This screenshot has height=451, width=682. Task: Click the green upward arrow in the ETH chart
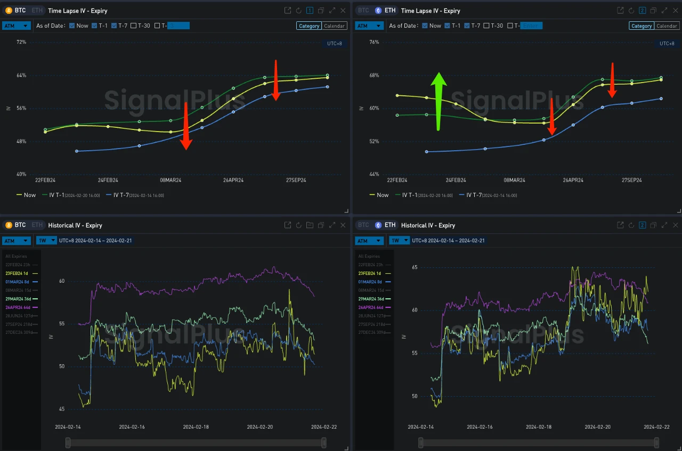click(x=439, y=101)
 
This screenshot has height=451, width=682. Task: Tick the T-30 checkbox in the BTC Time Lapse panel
click(x=134, y=26)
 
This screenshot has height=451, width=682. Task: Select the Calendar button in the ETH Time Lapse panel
click(x=667, y=26)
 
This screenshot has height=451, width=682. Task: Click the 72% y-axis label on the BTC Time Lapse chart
click(x=21, y=42)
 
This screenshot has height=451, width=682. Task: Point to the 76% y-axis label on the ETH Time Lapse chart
click(x=374, y=42)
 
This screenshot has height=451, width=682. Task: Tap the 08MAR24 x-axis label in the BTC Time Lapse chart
click(x=170, y=180)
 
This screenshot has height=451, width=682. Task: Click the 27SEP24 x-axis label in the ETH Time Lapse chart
click(x=632, y=180)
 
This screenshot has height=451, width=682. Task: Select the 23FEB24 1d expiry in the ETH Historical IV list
click(x=370, y=273)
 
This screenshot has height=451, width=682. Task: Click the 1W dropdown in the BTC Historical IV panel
click(x=46, y=241)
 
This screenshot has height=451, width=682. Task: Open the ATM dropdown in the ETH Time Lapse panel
click(x=370, y=26)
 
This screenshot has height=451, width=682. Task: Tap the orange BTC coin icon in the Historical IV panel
click(x=8, y=225)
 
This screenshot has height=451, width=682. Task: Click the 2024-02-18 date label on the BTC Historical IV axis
click(x=196, y=427)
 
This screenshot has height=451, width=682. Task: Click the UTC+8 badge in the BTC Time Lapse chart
click(x=334, y=43)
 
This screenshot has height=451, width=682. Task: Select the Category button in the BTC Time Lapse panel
click(x=309, y=26)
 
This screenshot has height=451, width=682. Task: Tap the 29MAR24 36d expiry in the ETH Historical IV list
click(x=371, y=299)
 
